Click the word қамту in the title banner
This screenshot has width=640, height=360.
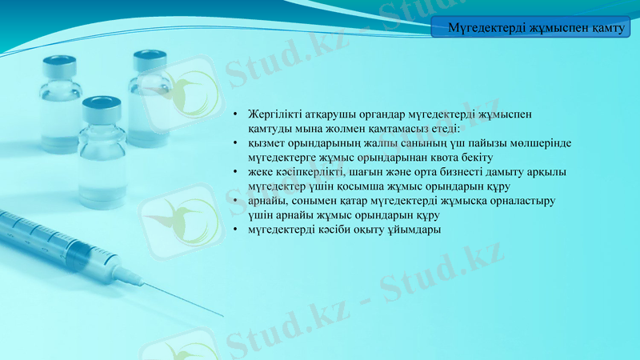[x=606, y=29]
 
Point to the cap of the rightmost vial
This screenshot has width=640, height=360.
[x=150, y=58]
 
